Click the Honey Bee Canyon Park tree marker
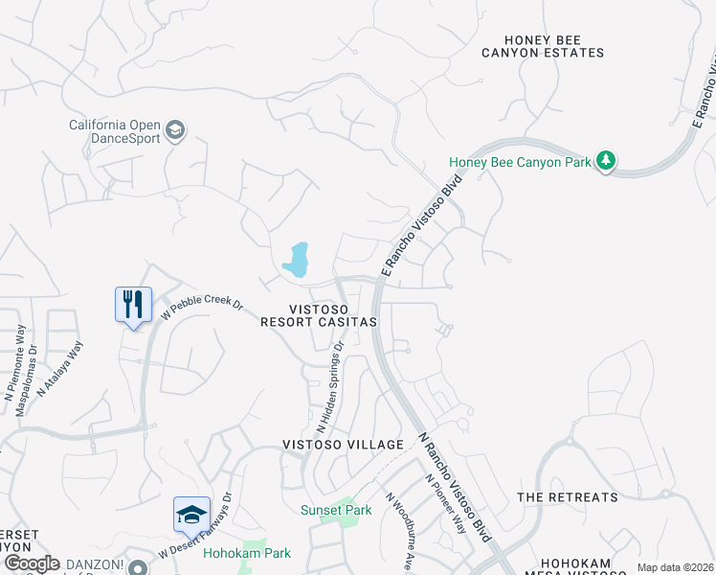pyautogui.click(x=605, y=161)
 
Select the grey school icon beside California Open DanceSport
pyautogui.click(x=174, y=129)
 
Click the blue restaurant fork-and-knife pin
pyautogui.click(x=133, y=305)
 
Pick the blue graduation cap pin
pyautogui.click(x=191, y=515)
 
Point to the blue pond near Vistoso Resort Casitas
pyautogui.click(x=296, y=260)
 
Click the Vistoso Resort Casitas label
pyautogui.click(x=319, y=315)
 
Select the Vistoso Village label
pyautogui.click(x=343, y=445)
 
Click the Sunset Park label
pyautogui.click(x=336, y=510)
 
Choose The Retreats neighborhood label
pyautogui.click(x=567, y=497)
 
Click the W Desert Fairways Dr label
pyautogui.click(x=196, y=526)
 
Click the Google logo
pyautogui.click(x=32, y=563)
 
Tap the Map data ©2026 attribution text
pyautogui.click(x=675, y=567)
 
